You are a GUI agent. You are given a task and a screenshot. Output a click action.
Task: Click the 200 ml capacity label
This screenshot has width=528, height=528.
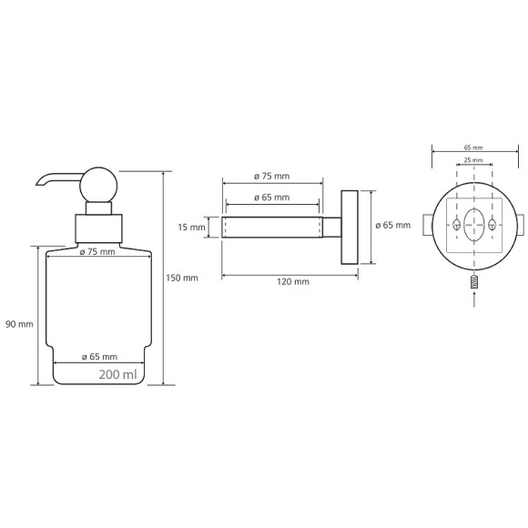(117, 374)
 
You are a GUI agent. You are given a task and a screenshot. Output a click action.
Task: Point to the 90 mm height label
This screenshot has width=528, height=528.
(19, 324)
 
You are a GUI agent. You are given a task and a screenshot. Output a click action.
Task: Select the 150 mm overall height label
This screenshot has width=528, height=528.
(182, 279)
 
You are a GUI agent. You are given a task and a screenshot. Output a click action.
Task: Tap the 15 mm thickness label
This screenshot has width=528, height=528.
(191, 228)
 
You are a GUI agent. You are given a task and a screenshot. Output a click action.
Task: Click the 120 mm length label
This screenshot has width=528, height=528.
(293, 281)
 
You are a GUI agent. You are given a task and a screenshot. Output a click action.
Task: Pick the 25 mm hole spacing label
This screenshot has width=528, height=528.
(473, 160)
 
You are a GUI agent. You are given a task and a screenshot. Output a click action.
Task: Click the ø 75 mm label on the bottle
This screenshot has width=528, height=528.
(97, 251)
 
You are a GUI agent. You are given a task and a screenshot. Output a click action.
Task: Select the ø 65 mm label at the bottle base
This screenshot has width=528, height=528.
(99, 357)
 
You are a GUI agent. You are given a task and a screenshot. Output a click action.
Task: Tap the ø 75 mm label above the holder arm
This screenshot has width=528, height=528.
(272, 176)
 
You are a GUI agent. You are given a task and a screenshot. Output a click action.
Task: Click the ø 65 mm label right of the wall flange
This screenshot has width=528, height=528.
(393, 225)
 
